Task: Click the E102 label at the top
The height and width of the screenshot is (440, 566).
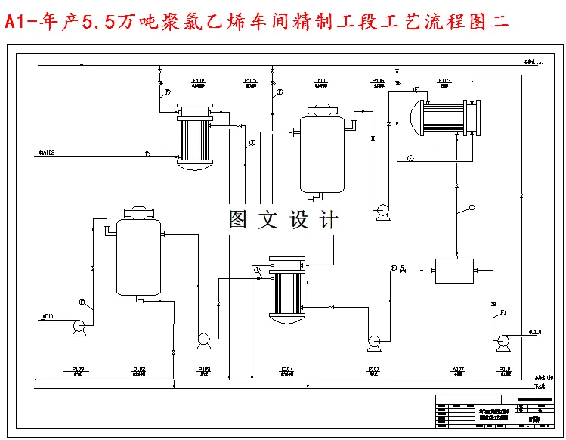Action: click(198, 80)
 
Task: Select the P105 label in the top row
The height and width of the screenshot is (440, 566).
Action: click(250, 80)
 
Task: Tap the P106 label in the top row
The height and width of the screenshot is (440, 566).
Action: click(378, 80)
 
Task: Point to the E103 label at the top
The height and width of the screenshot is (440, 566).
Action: click(444, 80)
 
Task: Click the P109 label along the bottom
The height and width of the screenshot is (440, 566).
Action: click(78, 370)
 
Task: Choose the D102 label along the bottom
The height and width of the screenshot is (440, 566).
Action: click(139, 370)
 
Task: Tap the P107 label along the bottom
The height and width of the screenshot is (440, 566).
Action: click(373, 370)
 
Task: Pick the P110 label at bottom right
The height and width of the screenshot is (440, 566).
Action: click(504, 370)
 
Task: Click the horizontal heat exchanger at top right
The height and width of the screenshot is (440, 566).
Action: click(442, 119)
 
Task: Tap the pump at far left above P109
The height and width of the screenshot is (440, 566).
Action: click(77, 327)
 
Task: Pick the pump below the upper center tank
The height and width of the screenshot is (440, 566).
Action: click(382, 212)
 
